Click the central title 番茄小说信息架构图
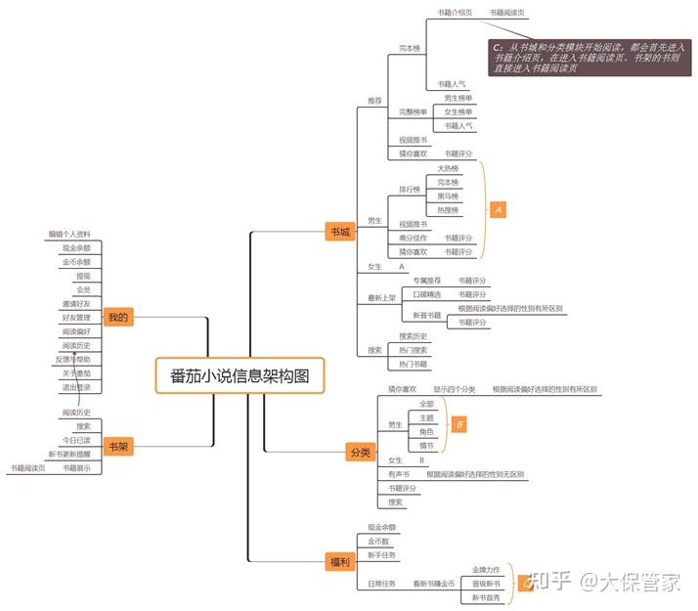pyautogui.click(x=239, y=375)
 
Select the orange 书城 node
pyautogui.click(x=339, y=232)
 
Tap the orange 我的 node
pyautogui.click(x=118, y=317)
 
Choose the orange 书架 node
pyautogui.click(x=117, y=446)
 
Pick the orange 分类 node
pyautogui.click(x=360, y=452)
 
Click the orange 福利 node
pyautogui.click(x=338, y=561)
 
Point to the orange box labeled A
pyautogui.click(x=498, y=209)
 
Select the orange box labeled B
pyautogui.click(x=458, y=423)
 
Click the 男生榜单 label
pyautogui.click(x=458, y=99)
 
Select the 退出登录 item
pyautogui.click(x=76, y=387)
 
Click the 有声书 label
pyautogui.click(x=399, y=474)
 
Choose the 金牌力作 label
pyautogui.click(x=486, y=569)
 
